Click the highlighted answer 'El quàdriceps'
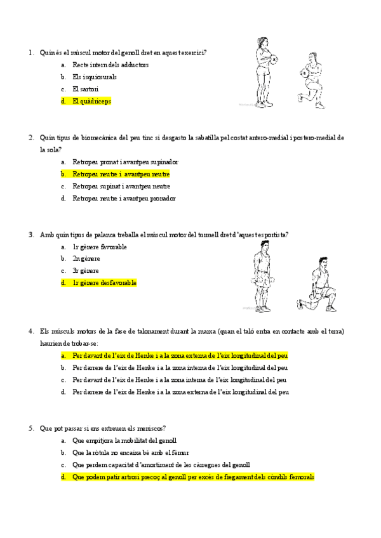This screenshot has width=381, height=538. (x=91, y=101)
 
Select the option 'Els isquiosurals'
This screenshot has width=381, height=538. (x=94, y=77)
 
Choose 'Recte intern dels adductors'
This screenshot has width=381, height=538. (x=110, y=65)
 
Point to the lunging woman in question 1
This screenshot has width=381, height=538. (x=311, y=81)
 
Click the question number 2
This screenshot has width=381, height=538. (x=31, y=138)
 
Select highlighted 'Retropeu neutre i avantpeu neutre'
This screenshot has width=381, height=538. (x=121, y=174)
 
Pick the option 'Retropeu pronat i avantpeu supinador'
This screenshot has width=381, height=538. (x=125, y=162)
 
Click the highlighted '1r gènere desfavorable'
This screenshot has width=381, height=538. (x=104, y=283)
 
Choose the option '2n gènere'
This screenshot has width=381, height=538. (x=86, y=259)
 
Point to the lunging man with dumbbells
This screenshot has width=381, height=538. (x=320, y=284)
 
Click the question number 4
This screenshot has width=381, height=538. (x=31, y=331)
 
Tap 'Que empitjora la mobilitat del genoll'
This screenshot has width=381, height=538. (x=124, y=440)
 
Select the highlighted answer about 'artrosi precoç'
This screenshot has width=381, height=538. (x=193, y=476)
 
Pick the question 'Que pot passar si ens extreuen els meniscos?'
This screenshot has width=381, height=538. (x=102, y=428)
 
